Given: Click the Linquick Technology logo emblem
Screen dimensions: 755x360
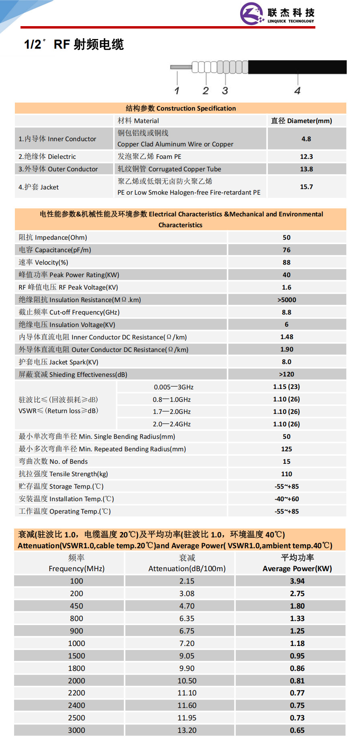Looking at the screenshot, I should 251,13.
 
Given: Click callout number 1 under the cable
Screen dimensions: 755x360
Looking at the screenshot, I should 177,91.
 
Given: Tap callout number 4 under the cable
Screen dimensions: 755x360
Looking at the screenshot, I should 297,91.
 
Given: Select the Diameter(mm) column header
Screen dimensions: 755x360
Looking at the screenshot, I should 301,121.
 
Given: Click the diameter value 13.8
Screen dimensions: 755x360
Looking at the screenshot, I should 306,169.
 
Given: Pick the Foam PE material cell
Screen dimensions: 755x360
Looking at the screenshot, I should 149,156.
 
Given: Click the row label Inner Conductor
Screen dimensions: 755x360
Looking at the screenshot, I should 57,139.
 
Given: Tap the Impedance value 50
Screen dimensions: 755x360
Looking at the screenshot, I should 286,237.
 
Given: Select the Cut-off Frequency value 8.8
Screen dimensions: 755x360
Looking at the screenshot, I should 286,312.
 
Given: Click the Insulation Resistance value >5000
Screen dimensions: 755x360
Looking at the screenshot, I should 286,300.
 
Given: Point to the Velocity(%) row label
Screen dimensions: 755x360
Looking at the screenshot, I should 43,262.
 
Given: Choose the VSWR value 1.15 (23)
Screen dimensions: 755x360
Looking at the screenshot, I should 286,387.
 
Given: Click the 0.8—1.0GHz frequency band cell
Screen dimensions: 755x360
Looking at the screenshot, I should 172,399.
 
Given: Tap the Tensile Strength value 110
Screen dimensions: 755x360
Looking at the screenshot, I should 286,474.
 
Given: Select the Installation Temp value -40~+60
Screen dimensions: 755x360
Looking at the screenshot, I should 286,499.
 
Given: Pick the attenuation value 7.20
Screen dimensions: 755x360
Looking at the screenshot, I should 187,643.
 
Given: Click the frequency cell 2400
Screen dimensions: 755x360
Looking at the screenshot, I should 76,705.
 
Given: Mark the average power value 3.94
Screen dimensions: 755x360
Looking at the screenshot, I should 297,581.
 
